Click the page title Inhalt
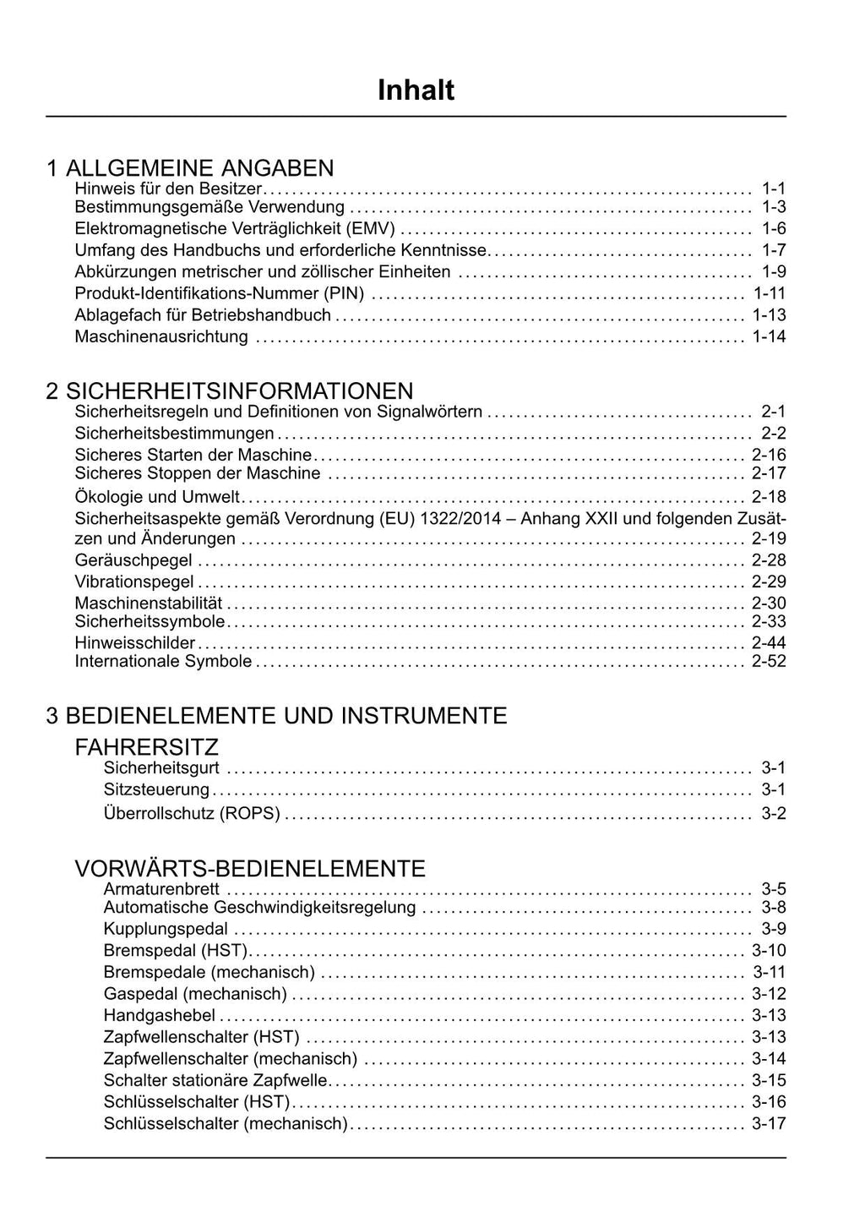tap(416, 90)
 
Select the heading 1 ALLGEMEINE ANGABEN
tap(190, 167)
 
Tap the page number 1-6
tap(773, 228)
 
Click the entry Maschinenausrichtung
tap(161, 336)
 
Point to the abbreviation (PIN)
tap(344, 293)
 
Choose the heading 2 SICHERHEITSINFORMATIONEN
tap(230, 390)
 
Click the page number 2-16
tap(769, 455)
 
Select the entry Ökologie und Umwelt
tap(157, 497)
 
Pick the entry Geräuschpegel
tap(133, 560)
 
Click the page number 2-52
tap(769, 661)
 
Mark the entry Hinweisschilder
tap(135, 642)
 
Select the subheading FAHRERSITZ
tap(147, 747)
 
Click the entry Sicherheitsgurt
tap(161, 767)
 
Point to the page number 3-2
tap(773, 814)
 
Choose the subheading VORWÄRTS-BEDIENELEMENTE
tap(250, 869)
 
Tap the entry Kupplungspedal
tap(166, 929)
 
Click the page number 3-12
tap(769, 994)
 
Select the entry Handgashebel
tap(160, 1015)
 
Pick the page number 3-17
tap(769, 1123)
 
